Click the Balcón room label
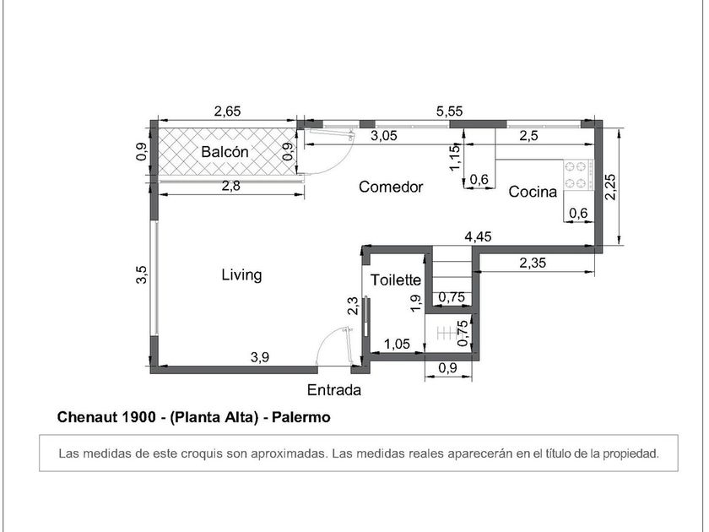[225, 152]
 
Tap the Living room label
[241, 275]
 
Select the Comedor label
[391, 187]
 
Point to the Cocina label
[533, 192]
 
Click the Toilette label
[396, 280]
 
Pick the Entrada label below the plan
[334, 390]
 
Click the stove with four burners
[578, 174]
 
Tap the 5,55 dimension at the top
[449, 111]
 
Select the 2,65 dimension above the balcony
[227, 111]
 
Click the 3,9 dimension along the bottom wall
[260, 357]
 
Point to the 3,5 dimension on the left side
[142, 274]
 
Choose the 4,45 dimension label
[478, 236]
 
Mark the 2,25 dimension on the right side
[610, 187]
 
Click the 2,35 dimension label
[533, 263]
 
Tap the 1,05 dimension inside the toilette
[397, 345]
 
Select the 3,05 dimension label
[384, 136]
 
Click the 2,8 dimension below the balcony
[231, 186]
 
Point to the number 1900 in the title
[138, 417]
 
